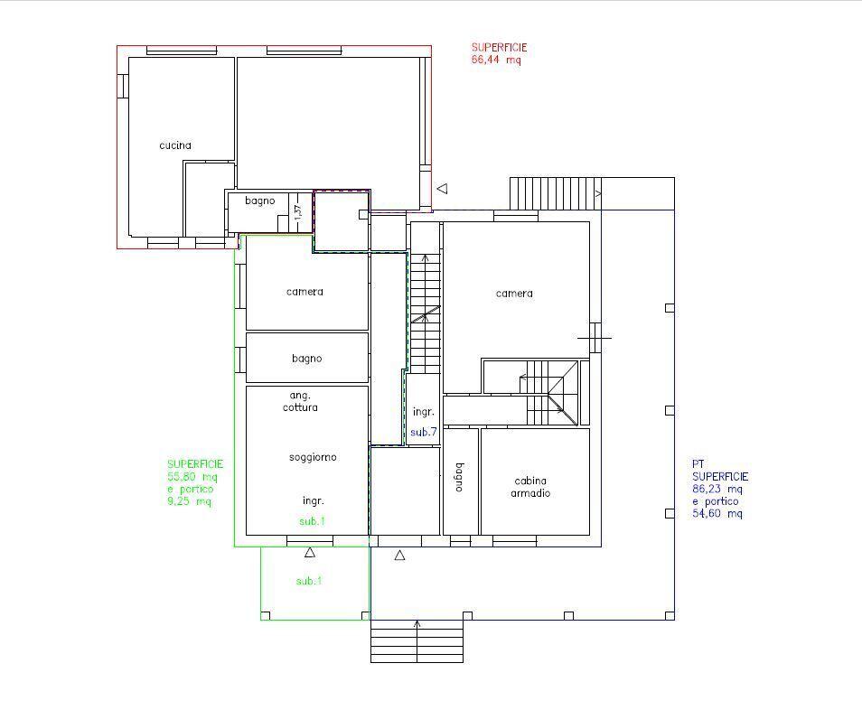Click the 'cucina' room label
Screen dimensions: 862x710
175,145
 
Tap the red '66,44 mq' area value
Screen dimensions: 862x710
496,60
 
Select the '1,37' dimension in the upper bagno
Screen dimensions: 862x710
298,212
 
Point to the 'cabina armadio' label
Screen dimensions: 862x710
530,487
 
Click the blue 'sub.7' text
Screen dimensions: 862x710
423,432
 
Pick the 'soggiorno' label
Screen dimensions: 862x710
313,457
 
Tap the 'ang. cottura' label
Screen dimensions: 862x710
300,401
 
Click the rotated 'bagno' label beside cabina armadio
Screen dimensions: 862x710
460,477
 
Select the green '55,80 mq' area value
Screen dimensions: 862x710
192,476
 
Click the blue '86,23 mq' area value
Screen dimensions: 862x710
717,489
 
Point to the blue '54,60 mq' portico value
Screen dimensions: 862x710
717,513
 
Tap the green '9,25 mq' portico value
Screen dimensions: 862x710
189,501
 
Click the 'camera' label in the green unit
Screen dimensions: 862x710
305,292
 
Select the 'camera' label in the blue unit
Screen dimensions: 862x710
514,294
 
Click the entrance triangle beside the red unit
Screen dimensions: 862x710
443,189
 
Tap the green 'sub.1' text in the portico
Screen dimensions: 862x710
309,581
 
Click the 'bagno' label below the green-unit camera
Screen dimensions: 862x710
306,359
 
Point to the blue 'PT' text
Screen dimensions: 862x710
698,464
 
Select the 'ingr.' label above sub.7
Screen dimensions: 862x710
423,412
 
